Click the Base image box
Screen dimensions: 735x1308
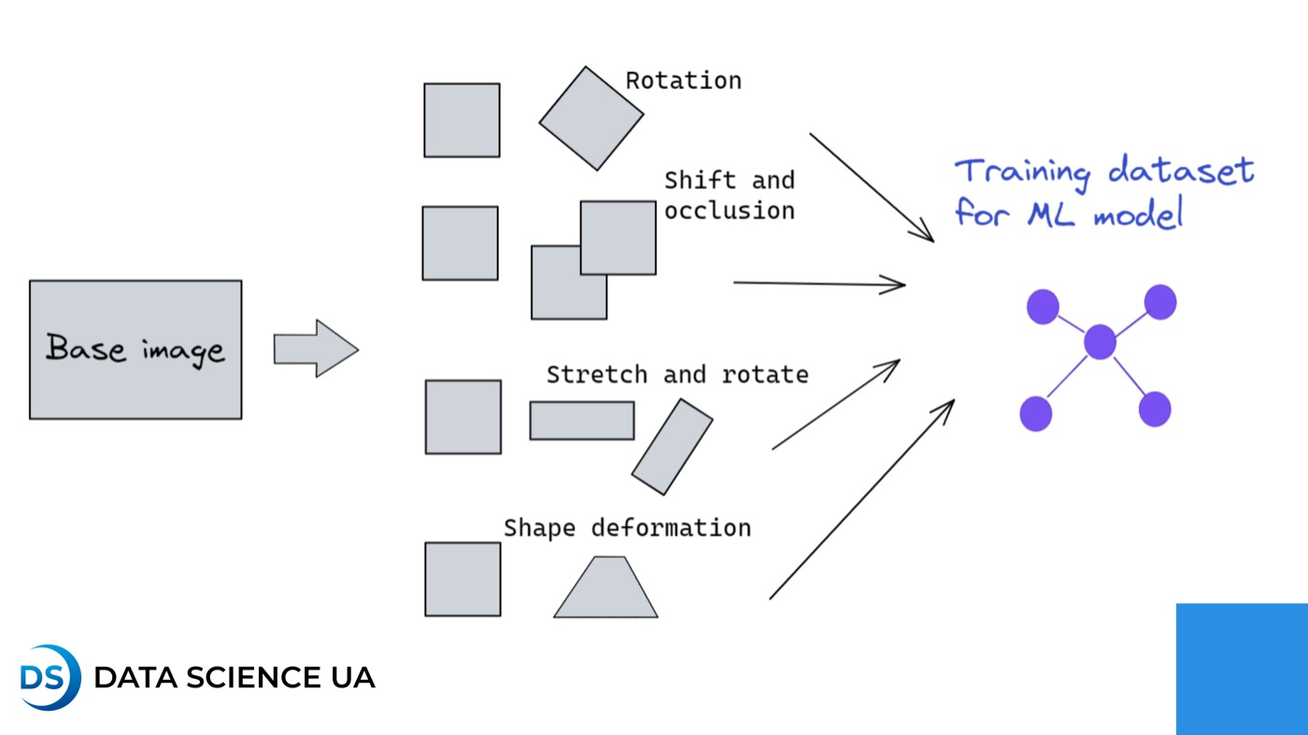tap(135, 349)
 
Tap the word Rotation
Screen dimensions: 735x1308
tap(683, 80)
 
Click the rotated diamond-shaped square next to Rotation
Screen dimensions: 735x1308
tap(591, 119)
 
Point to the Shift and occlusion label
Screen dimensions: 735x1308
tap(729, 195)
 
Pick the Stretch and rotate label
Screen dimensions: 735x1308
tap(677, 375)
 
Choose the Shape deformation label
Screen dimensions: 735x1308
tap(627, 528)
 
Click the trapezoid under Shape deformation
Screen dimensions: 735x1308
tap(606, 589)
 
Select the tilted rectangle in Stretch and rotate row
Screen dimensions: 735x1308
tap(672, 446)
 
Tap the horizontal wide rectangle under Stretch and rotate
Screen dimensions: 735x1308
tap(582, 420)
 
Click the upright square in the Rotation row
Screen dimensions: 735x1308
tap(462, 120)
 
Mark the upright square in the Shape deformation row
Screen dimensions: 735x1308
tap(462, 579)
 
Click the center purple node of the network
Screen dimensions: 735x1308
tap(1100, 342)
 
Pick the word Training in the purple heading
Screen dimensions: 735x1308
tap(1022, 173)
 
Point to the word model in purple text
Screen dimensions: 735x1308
tap(1138, 215)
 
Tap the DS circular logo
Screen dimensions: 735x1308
tap(50, 677)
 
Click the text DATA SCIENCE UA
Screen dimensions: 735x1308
tap(235, 677)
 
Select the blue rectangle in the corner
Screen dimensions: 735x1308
tap(1242, 669)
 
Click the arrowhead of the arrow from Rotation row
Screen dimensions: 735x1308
tap(926, 234)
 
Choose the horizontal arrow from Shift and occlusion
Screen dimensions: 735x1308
tap(819, 283)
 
